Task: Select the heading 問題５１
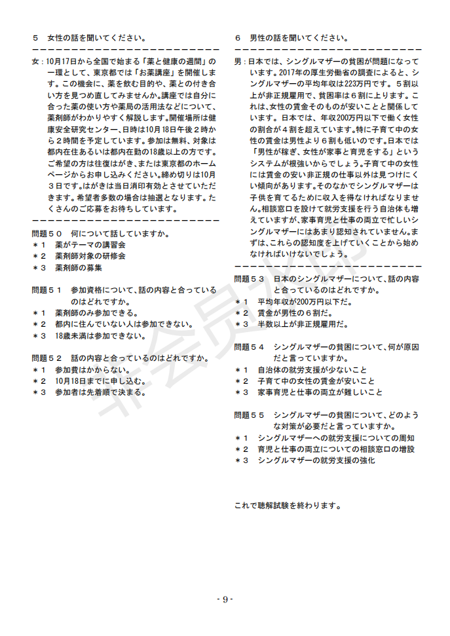pyautogui.click(x=47, y=289)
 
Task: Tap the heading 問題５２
pyautogui.click(x=47, y=358)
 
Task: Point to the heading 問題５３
pyautogui.click(x=249, y=278)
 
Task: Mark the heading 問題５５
pyautogui.click(x=249, y=415)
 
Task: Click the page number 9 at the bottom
pyautogui.click(x=225, y=599)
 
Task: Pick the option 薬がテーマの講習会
pyautogui.click(x=90, y=244)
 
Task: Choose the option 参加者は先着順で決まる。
pyautogui.click(x=100, y=392)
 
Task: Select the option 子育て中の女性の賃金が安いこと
pyautogui.click(x=316, y=381)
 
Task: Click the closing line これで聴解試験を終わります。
pyautogui.click(x=287, y=506)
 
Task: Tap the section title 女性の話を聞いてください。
pyautogui.click(x=98, y=38)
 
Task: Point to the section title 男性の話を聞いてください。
pyautogui.click(x=300, y=38)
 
